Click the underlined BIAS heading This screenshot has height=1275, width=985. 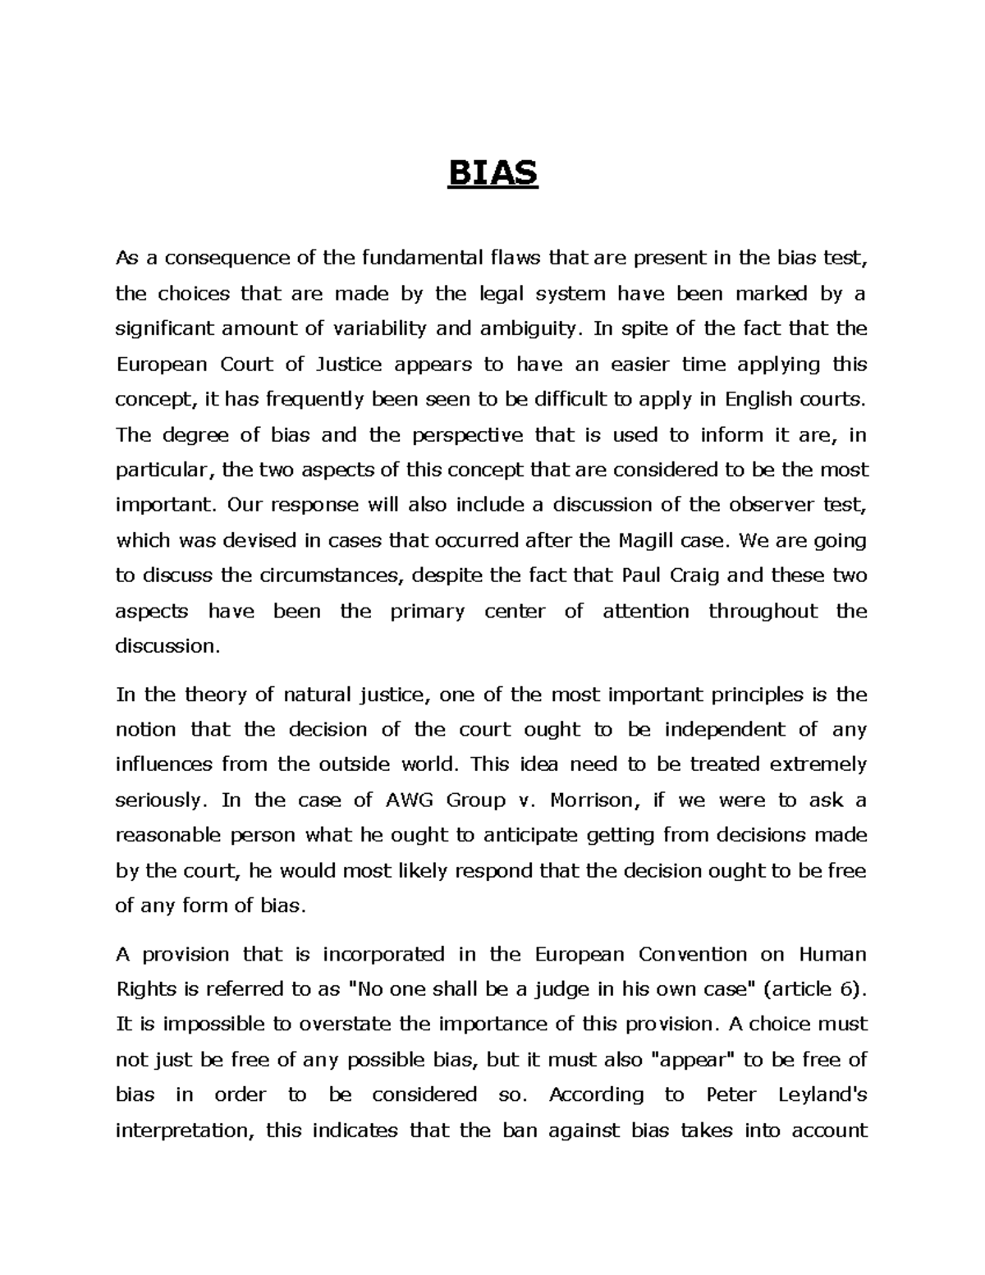[x=492, y=174]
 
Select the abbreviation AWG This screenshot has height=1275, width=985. [x=405, y=800]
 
